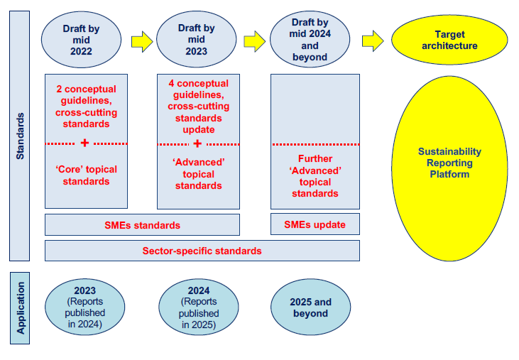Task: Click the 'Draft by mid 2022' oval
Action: [x=86, y=40]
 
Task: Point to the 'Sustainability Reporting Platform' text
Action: [x=449, y=163]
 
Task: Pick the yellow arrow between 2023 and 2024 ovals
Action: [x=254, y=41]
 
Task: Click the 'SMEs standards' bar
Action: [x=142, y=225]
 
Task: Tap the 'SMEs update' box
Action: [x=315, y=225]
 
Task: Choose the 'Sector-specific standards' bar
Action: [x=202, y=251]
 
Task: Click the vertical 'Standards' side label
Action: [x=20, y=135]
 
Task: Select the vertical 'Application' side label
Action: [x=20, y=308]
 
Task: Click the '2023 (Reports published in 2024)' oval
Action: [x=85, y=307]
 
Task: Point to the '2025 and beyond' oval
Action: [x=310, y=307]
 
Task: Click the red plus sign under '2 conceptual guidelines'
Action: [x=85, y=143]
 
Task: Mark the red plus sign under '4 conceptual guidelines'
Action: [x=197, y=143]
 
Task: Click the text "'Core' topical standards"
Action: [x=86, y=175]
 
